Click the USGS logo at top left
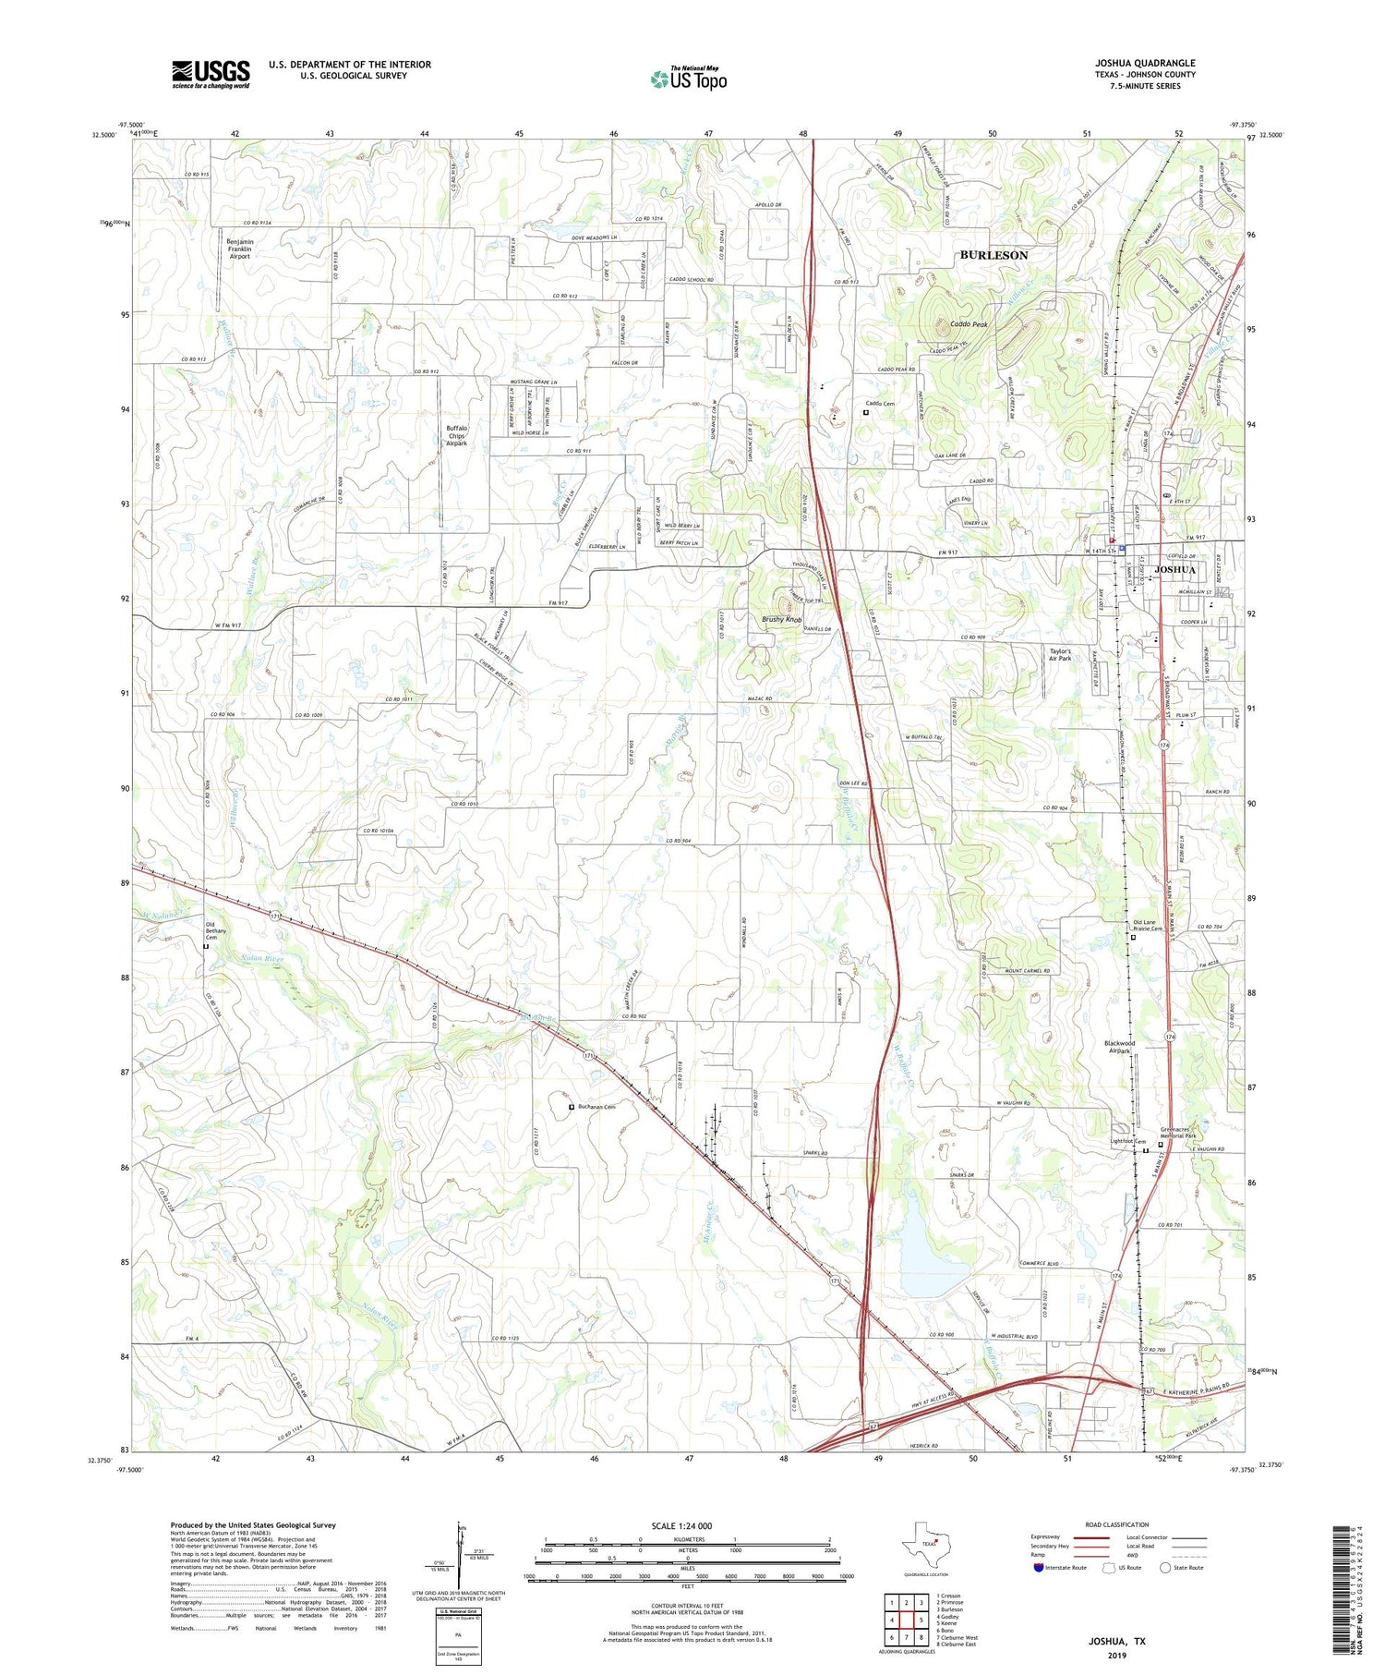point(211,74)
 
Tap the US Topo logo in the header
point(689,79)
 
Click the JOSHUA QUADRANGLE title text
point(1145,63)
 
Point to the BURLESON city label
point(994,255)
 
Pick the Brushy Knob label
point(782,619)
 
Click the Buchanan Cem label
point(596,1107)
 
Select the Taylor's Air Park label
point(1060,655)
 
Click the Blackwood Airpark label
point(1119,1047)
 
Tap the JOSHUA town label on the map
point(1174,570)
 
